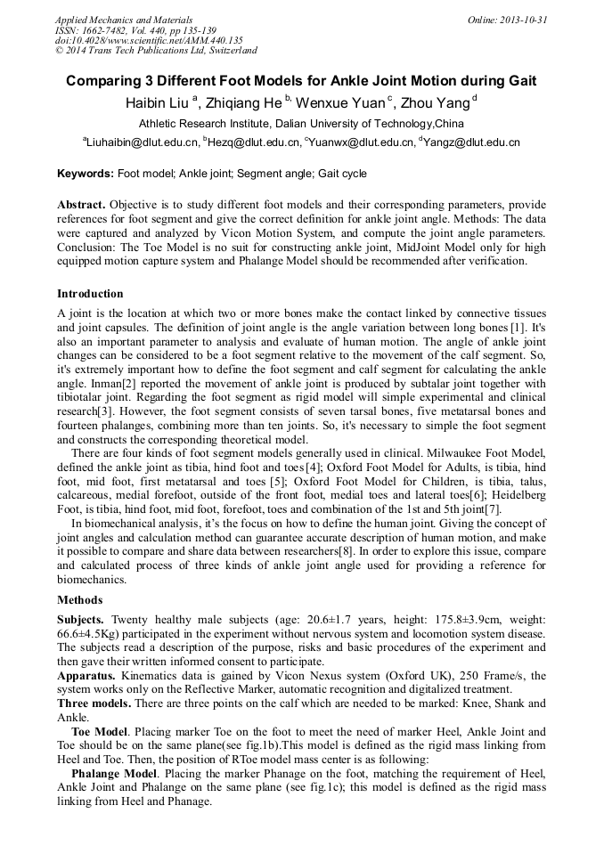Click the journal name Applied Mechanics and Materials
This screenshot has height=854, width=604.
tap(123, 19)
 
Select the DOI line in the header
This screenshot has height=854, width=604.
tap(149, 40)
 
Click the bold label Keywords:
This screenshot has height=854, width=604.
tap(86, 174)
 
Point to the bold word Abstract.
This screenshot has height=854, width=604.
tap(82, 204)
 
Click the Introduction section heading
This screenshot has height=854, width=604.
tap(90, 293)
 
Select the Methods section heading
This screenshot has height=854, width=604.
tap(80, 599)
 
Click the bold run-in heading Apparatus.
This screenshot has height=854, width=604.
tap(86, 676)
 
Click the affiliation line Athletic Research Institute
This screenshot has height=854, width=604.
tap(300, 123)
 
